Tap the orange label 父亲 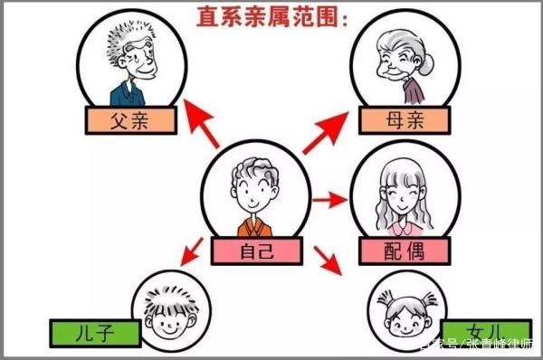[x=131, y=118]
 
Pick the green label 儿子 [x=96, y=333]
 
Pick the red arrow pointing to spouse [x=327, y=197]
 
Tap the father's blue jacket [x=127, y=92]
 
